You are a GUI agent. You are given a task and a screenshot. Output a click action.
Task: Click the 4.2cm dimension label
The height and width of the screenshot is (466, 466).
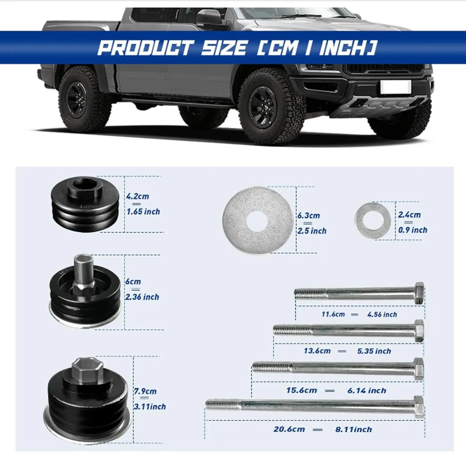click(x=137, y=196)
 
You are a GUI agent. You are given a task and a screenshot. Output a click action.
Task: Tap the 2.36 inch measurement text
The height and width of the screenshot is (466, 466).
click(x=142, y=297)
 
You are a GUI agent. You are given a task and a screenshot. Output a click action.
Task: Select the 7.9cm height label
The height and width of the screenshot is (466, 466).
click(x=145, y=391)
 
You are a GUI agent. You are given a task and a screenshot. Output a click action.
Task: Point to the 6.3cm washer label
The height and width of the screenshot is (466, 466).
click(x=308, y=216)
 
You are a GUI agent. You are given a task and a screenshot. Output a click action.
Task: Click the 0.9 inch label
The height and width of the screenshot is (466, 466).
click(x=413, y=230)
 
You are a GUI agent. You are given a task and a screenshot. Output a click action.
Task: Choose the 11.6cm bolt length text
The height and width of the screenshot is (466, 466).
click(x=333, y=315)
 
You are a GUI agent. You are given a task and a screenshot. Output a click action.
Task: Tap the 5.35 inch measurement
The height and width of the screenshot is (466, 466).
click(x=374, y=351)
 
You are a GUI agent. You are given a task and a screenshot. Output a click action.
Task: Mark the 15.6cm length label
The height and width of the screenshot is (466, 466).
click(x=301, y=390)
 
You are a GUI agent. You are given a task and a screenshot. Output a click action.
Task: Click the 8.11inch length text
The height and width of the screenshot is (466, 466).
click(x=354, y=429)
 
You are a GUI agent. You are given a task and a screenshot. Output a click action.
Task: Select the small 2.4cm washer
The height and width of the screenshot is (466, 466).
click(x=373, y=220)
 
